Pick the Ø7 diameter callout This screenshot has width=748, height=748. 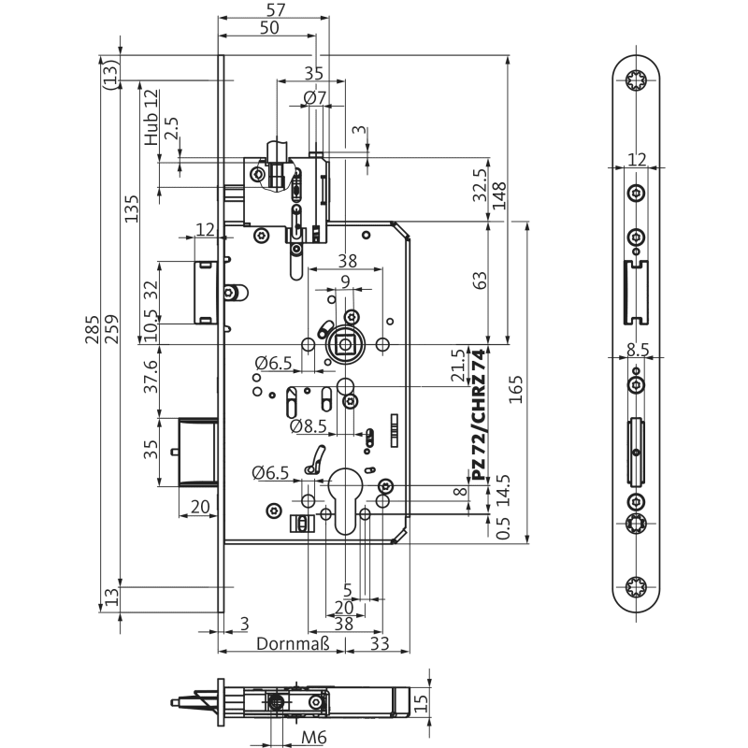314,96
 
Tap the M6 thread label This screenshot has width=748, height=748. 314,739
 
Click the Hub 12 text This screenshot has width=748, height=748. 151,117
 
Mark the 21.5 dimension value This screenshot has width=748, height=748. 457,365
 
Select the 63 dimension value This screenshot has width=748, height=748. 480,280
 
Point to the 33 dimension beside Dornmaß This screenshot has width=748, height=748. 380,643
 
